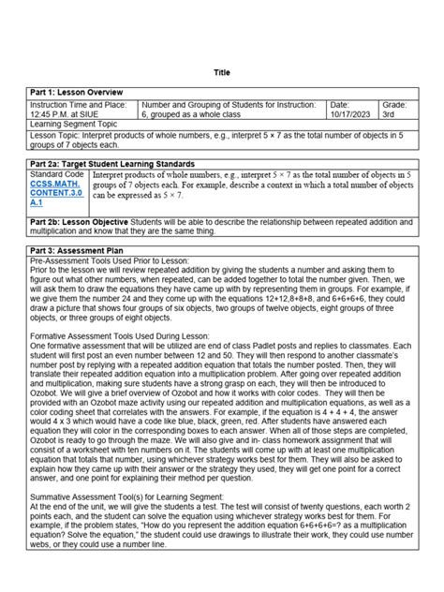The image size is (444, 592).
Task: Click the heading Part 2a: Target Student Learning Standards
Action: click(x=112, y=164)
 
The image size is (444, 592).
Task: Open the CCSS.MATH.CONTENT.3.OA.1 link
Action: click(x=51, y=192)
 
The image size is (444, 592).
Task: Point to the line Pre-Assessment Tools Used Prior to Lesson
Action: click(x=110, y=261)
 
